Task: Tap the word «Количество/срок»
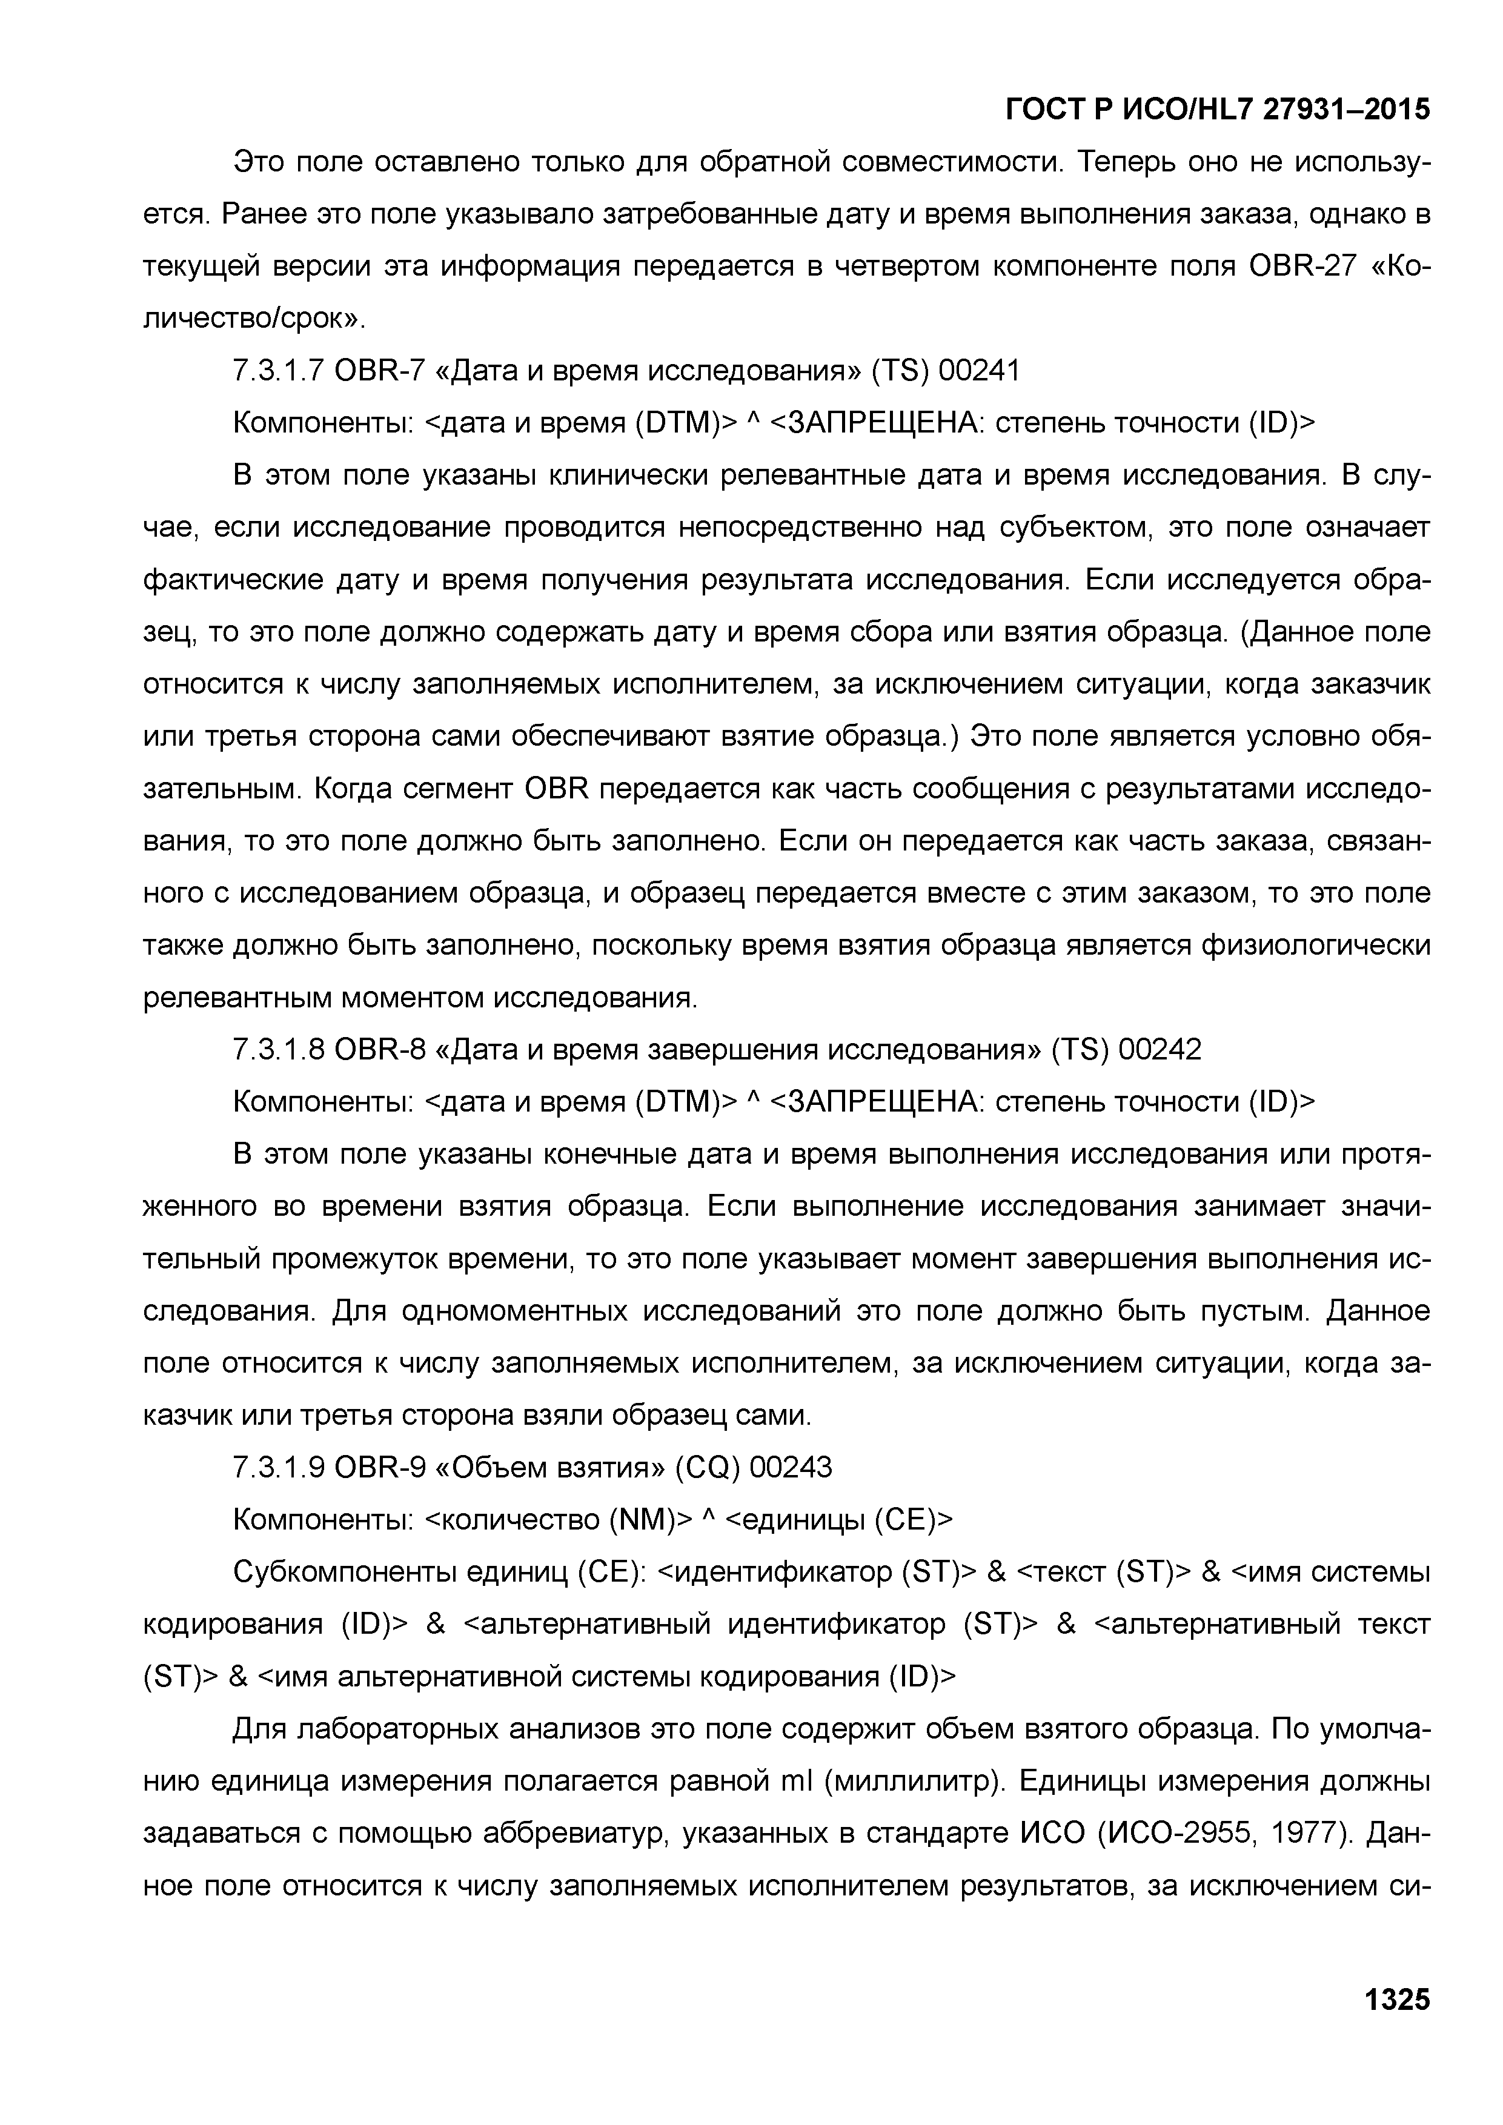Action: click(x=1398, y=267)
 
